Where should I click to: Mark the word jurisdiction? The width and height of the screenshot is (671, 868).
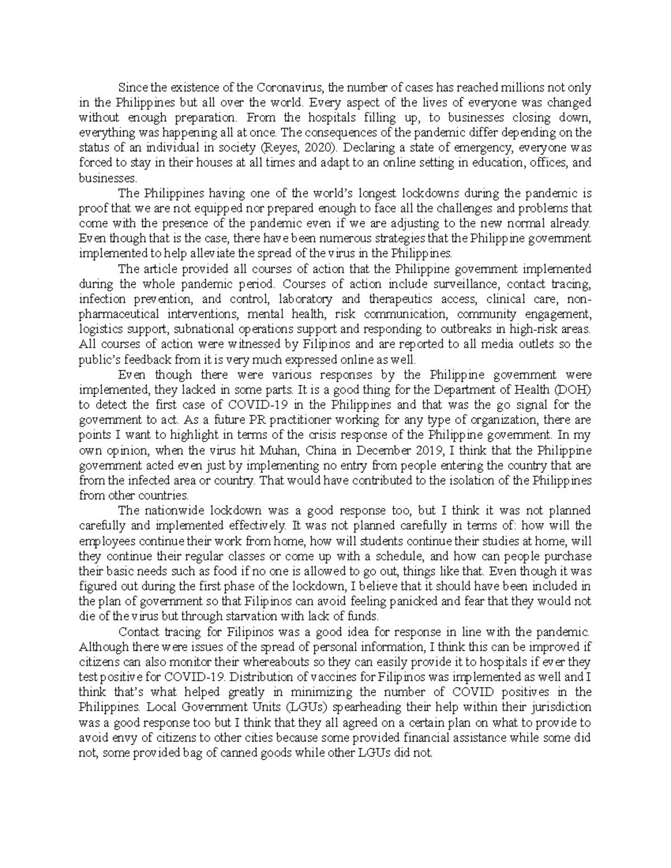(x=558, y=706)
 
